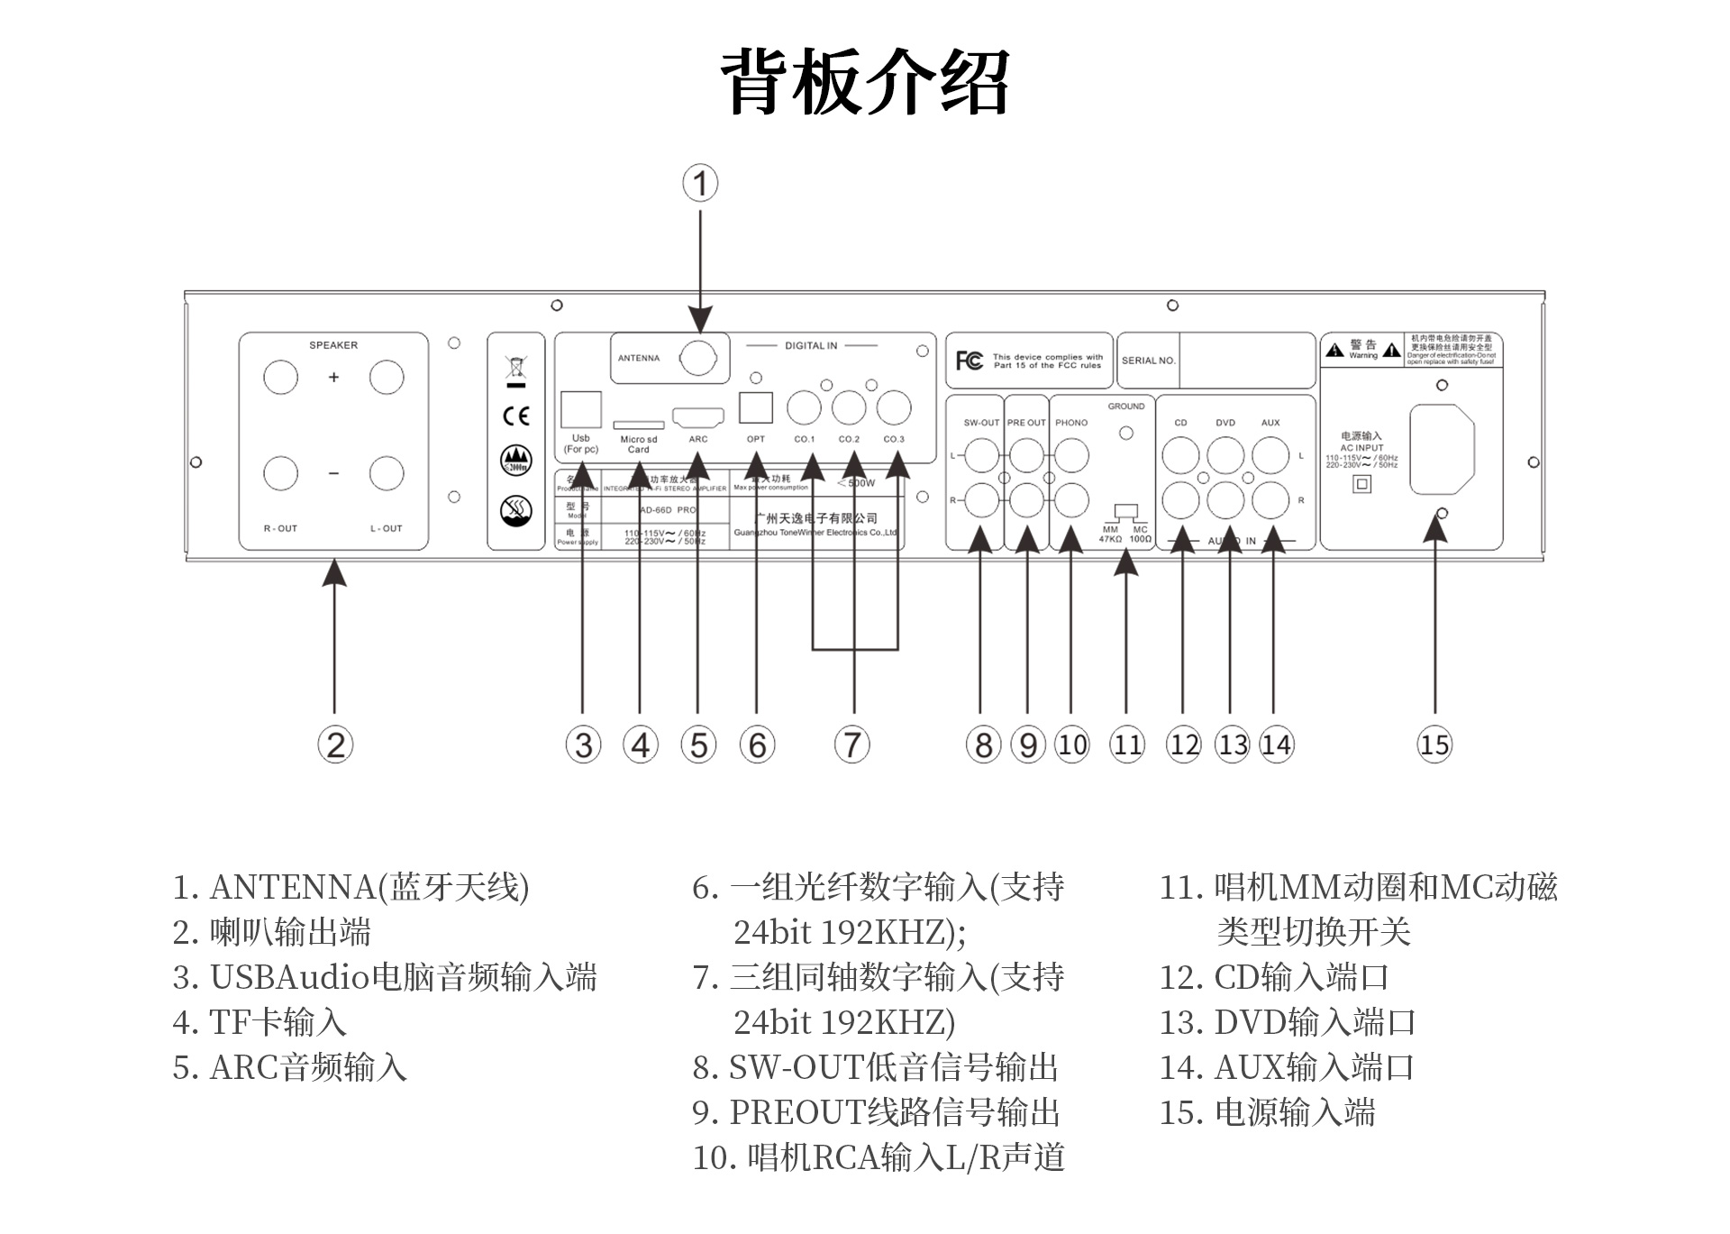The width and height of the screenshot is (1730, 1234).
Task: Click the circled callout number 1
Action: click(700, 183)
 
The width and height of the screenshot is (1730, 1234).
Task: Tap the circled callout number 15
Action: click(1434, 745)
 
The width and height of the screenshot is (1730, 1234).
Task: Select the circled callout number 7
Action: click(852, 745)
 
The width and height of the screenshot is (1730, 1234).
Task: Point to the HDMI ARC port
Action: click(698, 418)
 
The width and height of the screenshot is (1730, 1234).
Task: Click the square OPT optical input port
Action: click(756, 408)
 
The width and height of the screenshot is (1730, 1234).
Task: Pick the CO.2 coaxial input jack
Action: click(849, 407)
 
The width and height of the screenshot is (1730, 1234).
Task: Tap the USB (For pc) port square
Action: click(581, 410)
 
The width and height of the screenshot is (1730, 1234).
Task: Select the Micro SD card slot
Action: click(638, 425)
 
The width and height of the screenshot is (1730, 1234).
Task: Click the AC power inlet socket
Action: click(1441, 449)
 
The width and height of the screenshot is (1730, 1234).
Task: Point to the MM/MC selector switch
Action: click(1126, 513)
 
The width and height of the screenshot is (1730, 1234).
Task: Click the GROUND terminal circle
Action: click(1126, 434)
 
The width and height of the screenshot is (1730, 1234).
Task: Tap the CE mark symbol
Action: click(516, 416)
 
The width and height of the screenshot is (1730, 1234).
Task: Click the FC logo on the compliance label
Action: click(970, 361)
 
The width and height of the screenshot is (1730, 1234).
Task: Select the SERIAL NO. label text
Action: click(1148, 361)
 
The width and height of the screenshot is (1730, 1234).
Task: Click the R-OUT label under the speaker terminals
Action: click(280, 529)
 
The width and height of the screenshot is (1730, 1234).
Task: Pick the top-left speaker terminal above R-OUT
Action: click(280, 377)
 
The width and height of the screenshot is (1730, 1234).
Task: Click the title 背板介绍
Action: click(865, 82)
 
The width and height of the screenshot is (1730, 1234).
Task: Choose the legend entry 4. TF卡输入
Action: click(259, 1022)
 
